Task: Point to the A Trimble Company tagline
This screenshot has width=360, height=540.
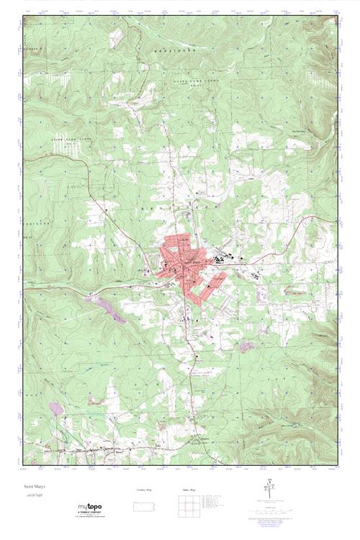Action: point(89,513)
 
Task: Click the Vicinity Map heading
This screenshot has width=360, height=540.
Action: point(144,490)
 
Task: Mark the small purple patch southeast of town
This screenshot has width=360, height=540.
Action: point(247,346)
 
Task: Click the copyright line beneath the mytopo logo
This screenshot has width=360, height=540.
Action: point(89,517)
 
